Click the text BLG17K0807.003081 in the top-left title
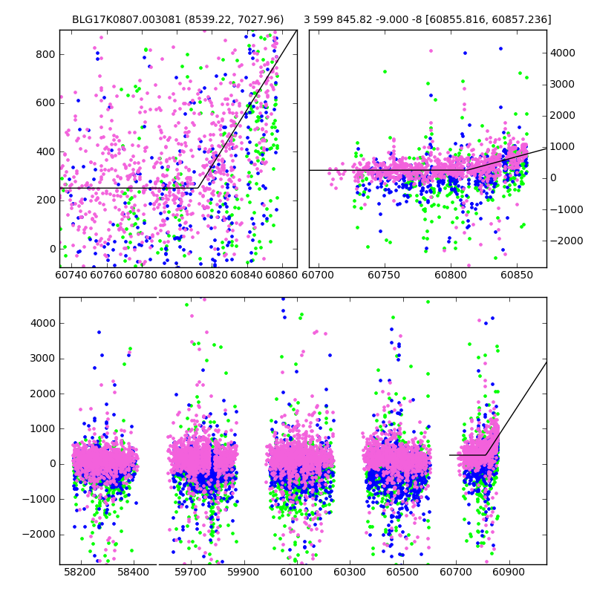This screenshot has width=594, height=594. coord(117,19)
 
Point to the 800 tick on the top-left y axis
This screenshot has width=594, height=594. coord(46,54)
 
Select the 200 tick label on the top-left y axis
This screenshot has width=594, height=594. coord(46,200)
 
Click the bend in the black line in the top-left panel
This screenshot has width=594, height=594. coord(196,188)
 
